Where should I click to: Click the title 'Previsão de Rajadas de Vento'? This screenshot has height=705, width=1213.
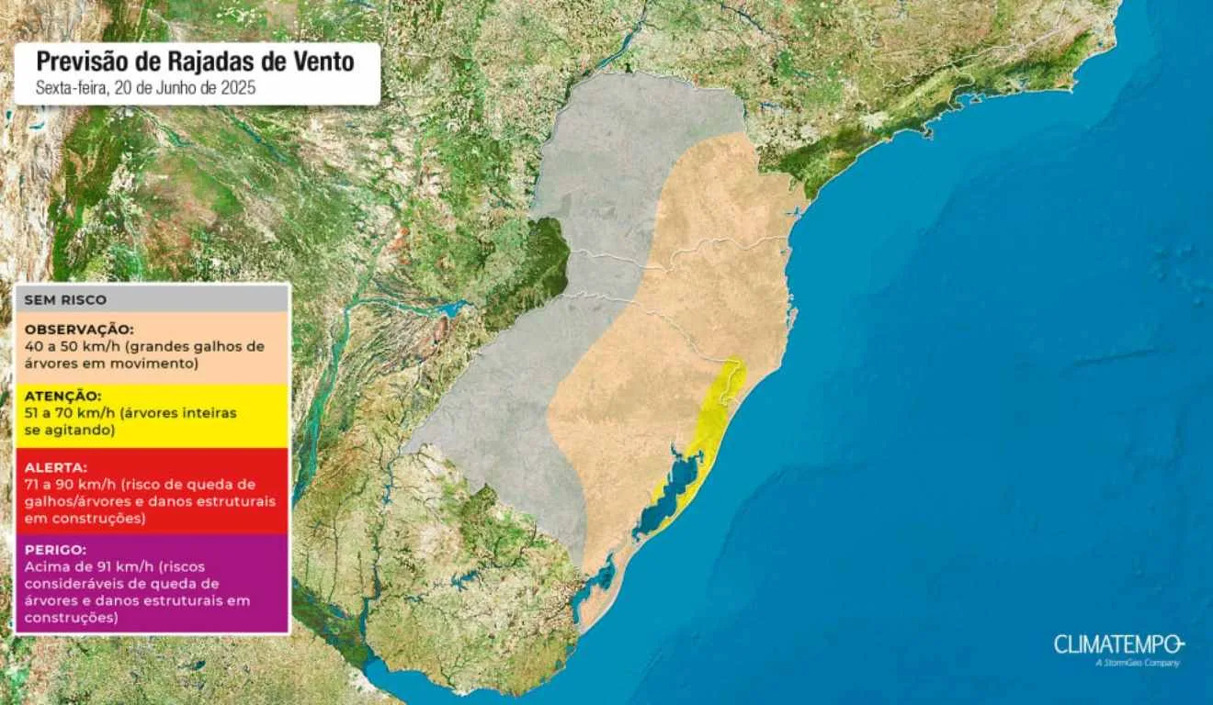coord(195,62)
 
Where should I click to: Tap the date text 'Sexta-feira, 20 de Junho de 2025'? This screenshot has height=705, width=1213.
coord(145,88)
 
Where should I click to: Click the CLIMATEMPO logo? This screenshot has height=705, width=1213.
coord(1118,643)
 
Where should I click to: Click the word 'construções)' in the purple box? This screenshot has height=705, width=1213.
coord(66,619)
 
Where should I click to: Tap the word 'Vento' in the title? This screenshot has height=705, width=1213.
coord(322,62)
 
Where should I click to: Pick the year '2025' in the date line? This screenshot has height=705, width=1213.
coord(238,88)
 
